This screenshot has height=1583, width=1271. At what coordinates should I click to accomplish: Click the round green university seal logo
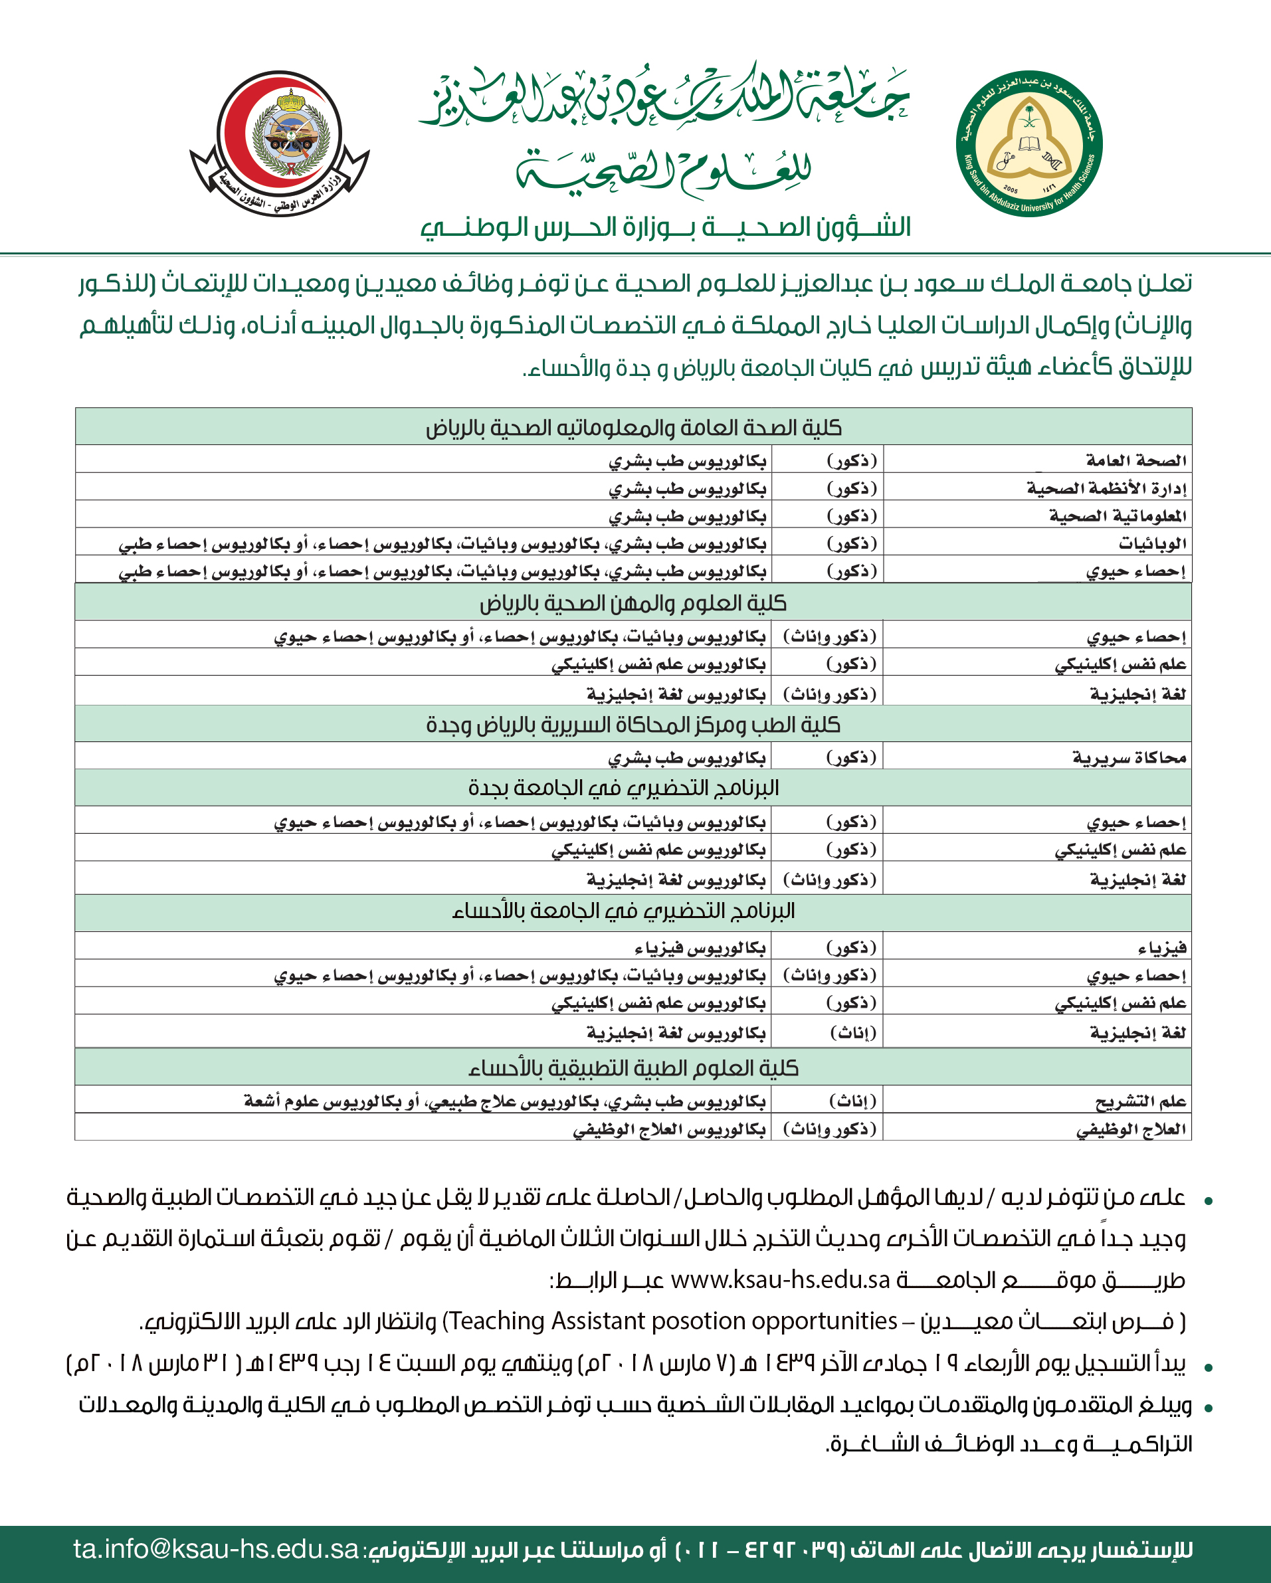1028,144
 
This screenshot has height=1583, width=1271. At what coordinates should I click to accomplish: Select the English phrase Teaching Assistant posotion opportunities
672,1321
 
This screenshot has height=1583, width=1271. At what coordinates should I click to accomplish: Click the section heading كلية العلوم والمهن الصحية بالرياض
633,604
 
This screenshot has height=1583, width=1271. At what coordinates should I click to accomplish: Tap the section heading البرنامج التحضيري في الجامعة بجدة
623,788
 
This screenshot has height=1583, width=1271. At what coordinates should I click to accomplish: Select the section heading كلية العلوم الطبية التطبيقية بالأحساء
633,1068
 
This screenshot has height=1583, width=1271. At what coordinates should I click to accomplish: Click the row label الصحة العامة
1136,460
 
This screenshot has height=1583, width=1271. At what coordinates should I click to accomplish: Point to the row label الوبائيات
1152,543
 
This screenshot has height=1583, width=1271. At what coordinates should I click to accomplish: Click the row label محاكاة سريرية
1129,757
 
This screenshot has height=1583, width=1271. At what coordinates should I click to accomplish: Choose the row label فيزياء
1161,949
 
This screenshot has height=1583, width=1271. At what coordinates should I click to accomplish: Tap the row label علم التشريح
1140,1101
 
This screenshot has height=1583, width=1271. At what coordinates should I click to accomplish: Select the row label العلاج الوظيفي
1131,1129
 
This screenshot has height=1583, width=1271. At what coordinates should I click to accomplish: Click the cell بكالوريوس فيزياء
700,949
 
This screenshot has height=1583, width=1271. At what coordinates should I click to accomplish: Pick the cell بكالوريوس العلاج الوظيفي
669,1129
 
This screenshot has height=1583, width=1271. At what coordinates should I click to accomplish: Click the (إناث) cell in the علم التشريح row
852,1101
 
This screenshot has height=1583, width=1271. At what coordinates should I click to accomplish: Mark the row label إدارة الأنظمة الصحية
1106,488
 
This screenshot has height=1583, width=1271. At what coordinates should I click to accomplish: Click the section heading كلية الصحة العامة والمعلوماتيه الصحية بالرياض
633,427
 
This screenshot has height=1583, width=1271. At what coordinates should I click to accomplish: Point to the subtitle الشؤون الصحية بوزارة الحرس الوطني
665,228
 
